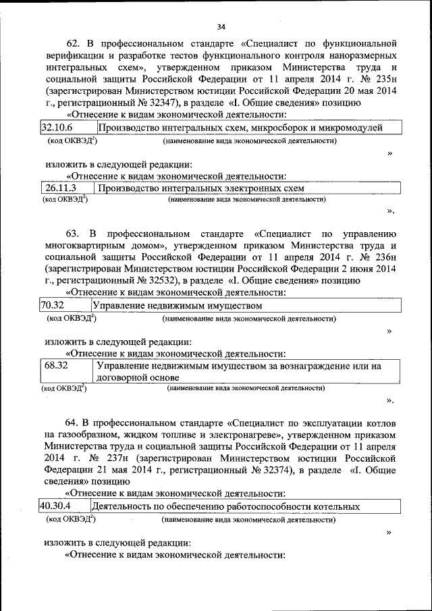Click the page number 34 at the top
tap(221, 27)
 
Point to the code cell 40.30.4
tap(57, 506)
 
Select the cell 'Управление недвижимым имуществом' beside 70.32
tap(176, 305)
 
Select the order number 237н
tap(103, 458)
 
